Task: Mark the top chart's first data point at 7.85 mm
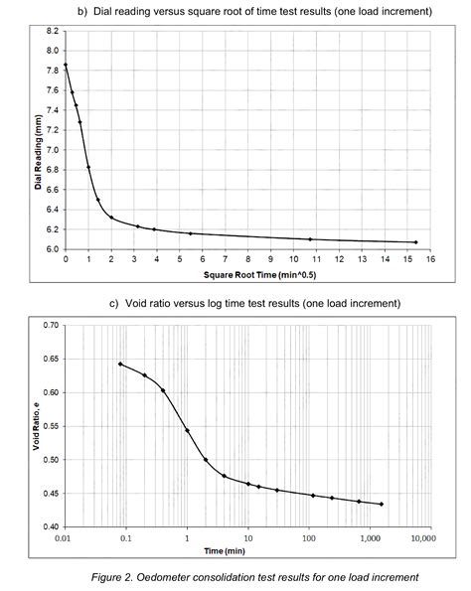(x=66, y=66)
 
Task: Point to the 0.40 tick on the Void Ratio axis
(x=51, y=526)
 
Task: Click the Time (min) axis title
(x=248, y=548)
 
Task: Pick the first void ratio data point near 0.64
(x=120, y=364)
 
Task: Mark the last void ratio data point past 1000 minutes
(x=382, y=504)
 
